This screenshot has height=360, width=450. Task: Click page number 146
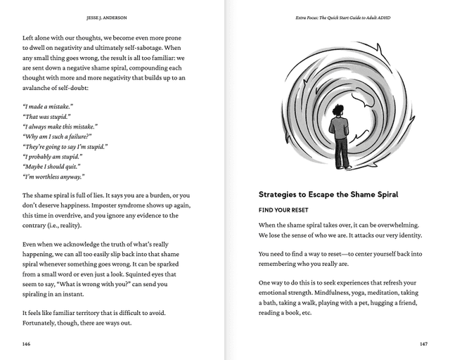click(x=26, y=345)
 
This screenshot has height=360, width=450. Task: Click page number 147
click(x=423, y=345)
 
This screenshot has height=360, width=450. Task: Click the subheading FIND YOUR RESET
click(x=285, y=210)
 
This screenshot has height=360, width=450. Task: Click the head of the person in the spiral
click(x=339, y=111)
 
